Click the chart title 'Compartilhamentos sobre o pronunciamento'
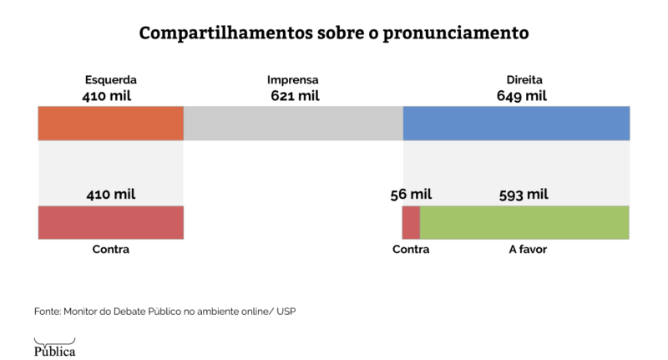tap(333, 33)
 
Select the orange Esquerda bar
tap(110, 123)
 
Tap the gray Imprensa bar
tap(293, 123)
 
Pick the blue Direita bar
tap(516, 123)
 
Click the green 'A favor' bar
tap(524, 222)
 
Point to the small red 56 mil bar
tap(411, 222)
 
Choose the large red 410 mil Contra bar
tap(110, 222)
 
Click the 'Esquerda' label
tap(110, 80)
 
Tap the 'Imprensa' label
tap(292, 80)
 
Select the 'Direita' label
tap(524, 80)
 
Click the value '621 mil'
tap(295, 95)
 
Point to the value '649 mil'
tap(522, 95)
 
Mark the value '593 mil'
tap(524, 195)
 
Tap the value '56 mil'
tap(411, 195)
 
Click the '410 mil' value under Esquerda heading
tap(107, 95)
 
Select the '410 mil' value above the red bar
tap(110, 195)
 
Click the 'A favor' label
tap(528, 250)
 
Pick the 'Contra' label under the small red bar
tap(411, 250)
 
